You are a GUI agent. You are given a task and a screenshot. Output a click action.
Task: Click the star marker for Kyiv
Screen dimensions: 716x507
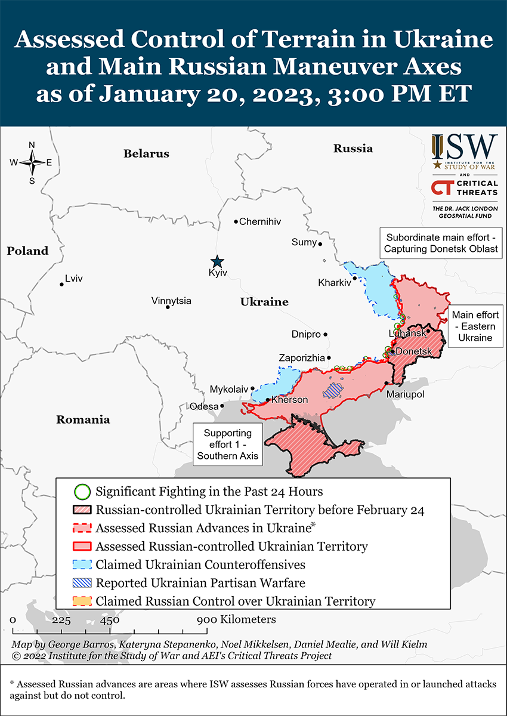point(217,261)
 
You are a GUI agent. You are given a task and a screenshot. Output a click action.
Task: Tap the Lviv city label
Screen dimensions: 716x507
point(74,279)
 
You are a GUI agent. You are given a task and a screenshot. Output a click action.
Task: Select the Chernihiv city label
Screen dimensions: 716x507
point(259,221)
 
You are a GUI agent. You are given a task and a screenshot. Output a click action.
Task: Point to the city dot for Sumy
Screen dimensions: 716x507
point(320,243)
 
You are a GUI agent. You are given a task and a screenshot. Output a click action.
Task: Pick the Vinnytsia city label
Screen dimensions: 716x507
point(171,300)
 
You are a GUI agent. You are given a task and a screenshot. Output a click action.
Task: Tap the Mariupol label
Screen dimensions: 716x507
point(405,394)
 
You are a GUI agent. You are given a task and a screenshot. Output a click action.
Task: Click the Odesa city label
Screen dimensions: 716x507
point(203,406)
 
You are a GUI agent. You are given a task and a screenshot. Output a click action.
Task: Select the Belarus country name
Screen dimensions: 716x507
point(146,153)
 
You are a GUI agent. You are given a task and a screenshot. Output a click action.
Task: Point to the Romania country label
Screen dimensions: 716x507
point(83,419)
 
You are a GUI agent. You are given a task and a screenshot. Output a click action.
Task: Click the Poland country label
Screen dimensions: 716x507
point(27,251)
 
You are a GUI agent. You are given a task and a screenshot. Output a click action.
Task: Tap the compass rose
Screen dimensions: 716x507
point(32,162)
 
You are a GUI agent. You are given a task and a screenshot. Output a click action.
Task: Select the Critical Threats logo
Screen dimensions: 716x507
point(465,188)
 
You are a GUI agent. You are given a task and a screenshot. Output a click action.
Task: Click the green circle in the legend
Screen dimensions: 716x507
point(82,492)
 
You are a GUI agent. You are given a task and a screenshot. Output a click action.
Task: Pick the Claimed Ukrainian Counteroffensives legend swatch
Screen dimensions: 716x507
point(82,564)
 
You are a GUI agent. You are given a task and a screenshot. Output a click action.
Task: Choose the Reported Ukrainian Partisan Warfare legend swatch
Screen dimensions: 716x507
point(82,583)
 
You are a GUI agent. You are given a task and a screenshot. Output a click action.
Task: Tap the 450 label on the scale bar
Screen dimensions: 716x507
point(110,620)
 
